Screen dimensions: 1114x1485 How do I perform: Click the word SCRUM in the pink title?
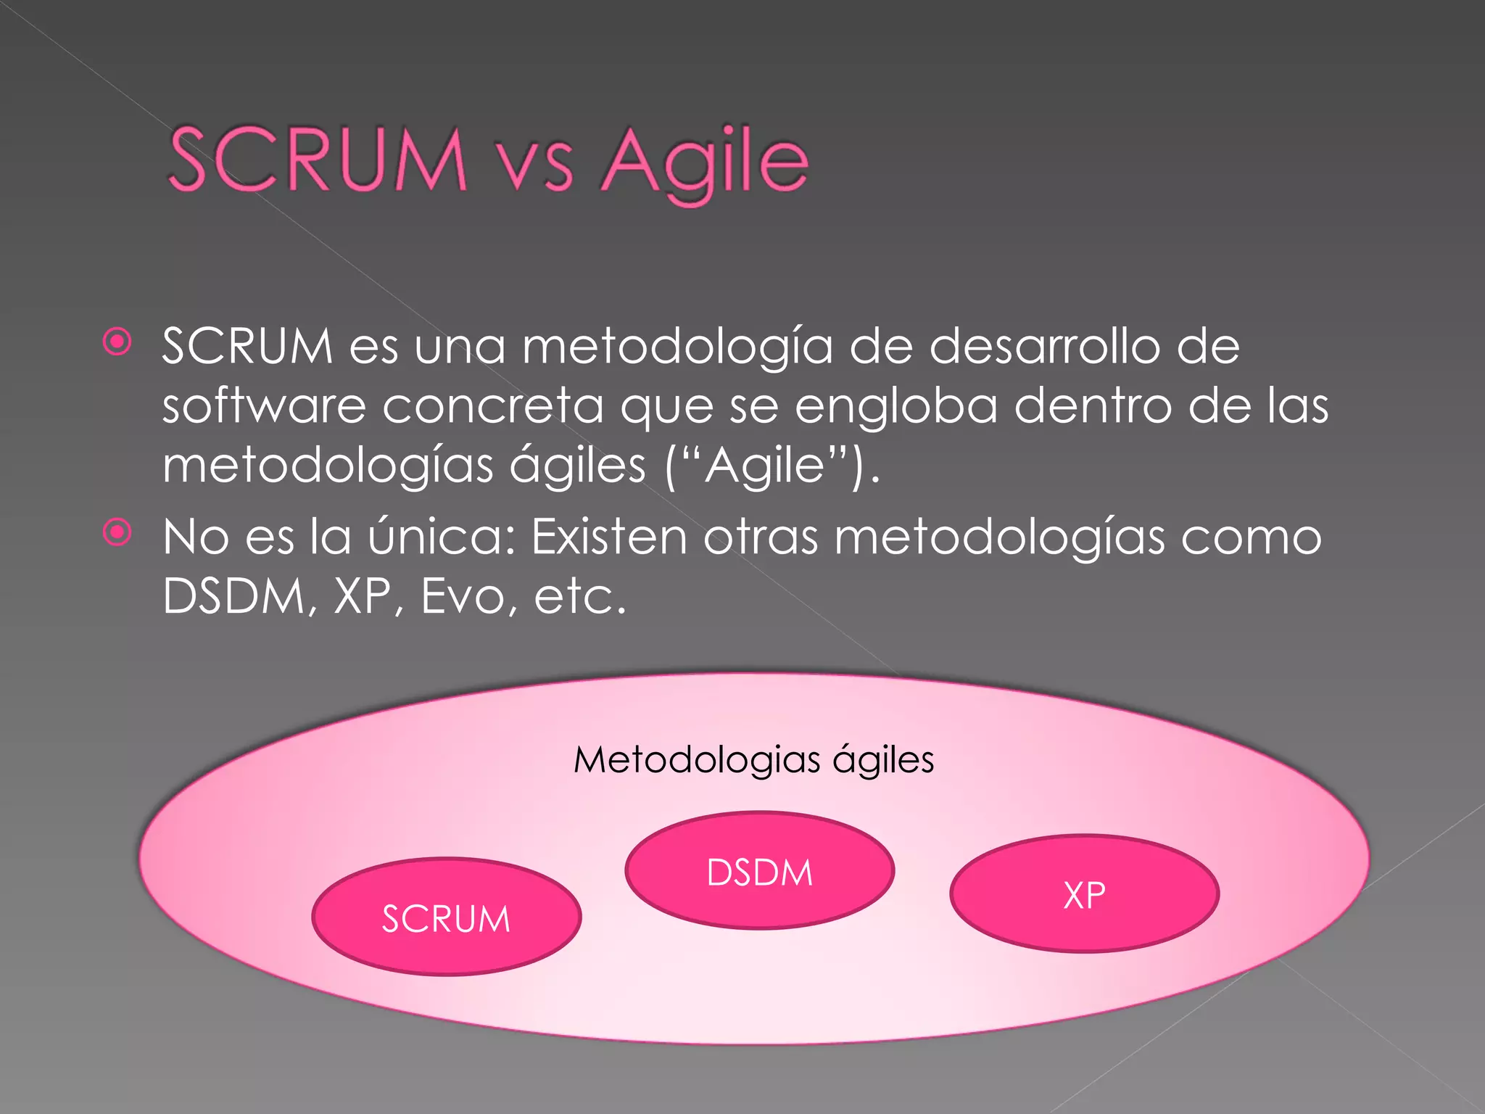coord(317,160)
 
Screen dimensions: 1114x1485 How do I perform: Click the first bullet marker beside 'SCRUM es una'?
coord(117,342)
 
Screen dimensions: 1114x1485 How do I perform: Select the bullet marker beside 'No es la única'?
coord(117,533)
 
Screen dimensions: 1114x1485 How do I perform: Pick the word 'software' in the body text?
coord(264,405)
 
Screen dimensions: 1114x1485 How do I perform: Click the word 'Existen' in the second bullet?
coord(609,537)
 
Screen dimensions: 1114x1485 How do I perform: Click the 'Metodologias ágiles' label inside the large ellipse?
coord(753,760)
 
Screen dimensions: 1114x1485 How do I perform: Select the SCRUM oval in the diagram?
coord(447,917)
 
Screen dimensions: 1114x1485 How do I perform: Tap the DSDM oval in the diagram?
coord(759,871)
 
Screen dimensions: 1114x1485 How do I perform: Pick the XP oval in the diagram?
coord(1084,894)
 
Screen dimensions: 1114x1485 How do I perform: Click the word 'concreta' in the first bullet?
coord(493,406)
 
